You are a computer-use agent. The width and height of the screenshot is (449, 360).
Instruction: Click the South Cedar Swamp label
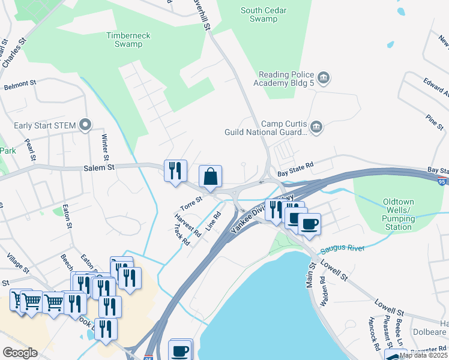pyautogui.click(x=264, y=14)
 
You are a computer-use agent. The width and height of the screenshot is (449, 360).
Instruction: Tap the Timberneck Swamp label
pyautogui.click(x=128, y=40)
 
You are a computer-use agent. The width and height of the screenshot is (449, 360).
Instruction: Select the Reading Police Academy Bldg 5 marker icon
pyautogui.click(x=324, y=77)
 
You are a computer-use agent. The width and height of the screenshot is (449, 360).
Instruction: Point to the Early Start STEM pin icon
pyautogui.click(x=85, y=125)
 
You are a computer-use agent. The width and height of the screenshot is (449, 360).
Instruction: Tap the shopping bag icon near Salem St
pyautogui.click(x=210, y=177)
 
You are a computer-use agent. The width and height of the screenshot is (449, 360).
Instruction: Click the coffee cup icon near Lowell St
pyautogui.click(x=309, y=224)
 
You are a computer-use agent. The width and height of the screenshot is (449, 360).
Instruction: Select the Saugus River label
pyautogui.click(x=343, y=248)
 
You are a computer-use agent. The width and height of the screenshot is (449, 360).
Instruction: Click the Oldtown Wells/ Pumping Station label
pyautogui.click(x=399, y=215)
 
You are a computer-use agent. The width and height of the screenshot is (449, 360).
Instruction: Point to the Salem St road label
pyautogui.click(x=98, y=169)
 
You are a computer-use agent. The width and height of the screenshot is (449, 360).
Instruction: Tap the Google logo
pyautogui.click(x=20, y=353)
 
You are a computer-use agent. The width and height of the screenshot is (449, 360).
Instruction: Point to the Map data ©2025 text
pyautogui.click(x=423, y=355)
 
